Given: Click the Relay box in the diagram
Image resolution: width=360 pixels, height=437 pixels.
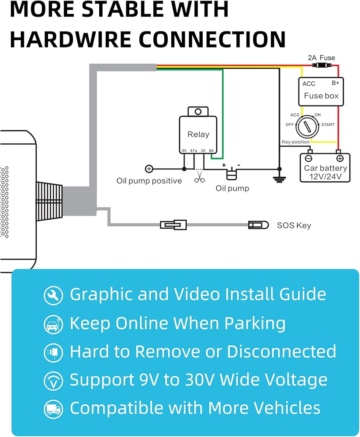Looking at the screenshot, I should pyautogui.click(x=198, y=134).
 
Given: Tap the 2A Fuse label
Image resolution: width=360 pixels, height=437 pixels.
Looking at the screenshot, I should pyautogui.click(x=321, y=58).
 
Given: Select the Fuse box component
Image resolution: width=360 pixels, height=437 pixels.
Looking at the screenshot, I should pyautogui.click(x=321, y=92).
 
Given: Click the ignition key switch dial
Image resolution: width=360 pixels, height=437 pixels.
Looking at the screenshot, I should pyautogui.click(x=308, y=127).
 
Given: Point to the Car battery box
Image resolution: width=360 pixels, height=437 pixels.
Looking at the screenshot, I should pyautogui.click(x=325, y=168).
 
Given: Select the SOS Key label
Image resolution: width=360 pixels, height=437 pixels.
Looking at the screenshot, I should pyautogui.click(x=294, y=225).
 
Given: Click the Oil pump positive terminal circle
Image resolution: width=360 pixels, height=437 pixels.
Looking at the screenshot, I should pyautogui.click(x=149, y=169).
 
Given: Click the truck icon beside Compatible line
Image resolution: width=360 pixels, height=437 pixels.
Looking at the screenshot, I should pyautogui.click(x=53, y=409).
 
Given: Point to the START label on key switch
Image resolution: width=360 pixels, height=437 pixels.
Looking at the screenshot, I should pyautogui.click(x=328, y=125).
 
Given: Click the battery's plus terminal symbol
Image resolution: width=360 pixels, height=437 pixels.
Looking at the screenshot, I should pyautogui.click(x=339, y=158).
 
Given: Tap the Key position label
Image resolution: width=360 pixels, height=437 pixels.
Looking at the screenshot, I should pyautogui.click(x=295, y=142).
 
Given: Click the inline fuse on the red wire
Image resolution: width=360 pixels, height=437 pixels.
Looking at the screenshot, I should pyautogui.click(x=321, y=66).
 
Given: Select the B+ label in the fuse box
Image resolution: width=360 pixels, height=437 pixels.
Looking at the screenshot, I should pyautogui.click(x=336, y=83).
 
